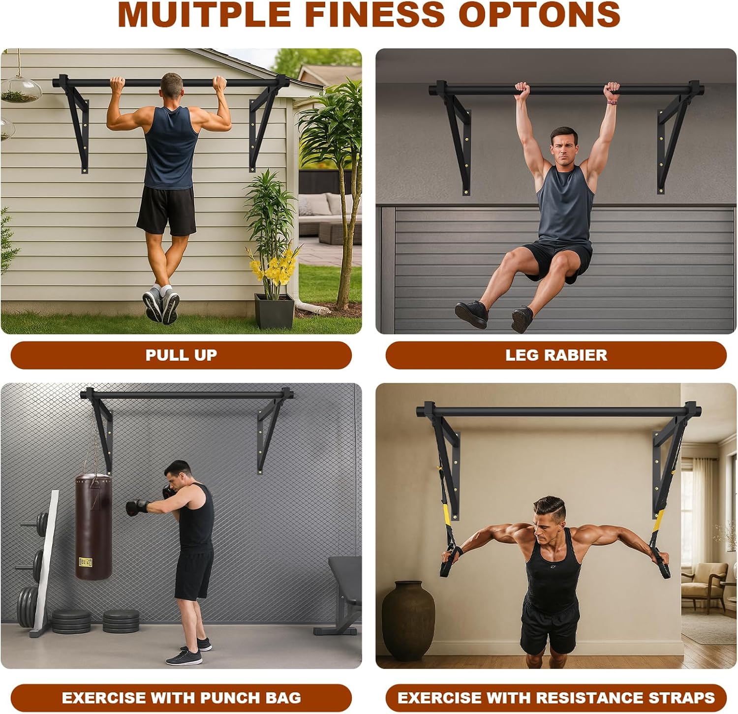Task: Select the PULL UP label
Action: click(181, 355)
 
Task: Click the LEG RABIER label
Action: click(556, 355)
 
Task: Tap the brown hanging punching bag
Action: click(93, 526)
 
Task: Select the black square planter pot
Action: click(274, 310)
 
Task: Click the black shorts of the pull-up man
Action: click(166, 211)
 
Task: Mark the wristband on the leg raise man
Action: click(612, 102)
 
